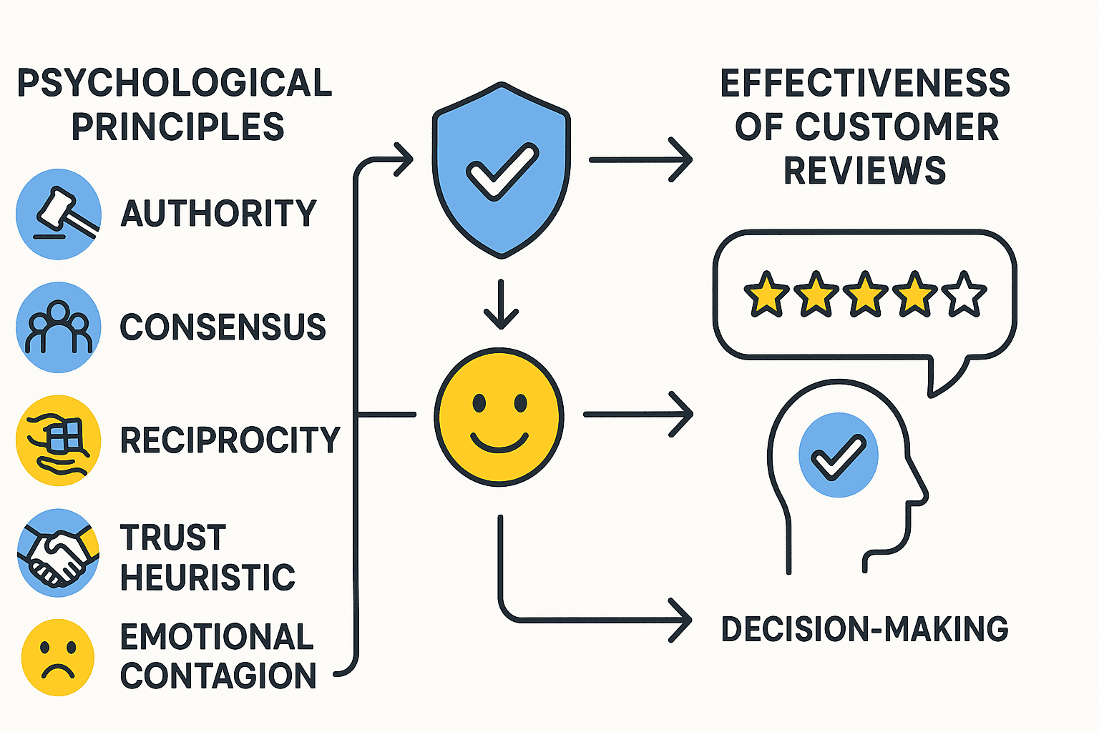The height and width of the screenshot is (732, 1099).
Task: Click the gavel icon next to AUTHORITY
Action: pyautogui.click(x=59, y=214)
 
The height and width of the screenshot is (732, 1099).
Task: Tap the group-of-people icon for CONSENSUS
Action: pyautogui.click(x=59, y=327)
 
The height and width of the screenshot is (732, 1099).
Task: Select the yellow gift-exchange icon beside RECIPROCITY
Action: pyautogui.click(x=59, y=440)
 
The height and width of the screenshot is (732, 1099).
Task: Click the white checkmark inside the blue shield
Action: pyautogui.click(x=502, y=170)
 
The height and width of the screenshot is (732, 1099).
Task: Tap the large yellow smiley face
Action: pyautogui.click(x=499, y=417)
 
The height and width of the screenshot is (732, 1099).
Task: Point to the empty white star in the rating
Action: pyautogui.click(x=964, y=294)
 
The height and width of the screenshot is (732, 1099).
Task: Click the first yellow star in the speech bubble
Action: pyautogui.click(x=766, y=294)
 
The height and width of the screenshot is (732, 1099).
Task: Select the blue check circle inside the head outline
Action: pyautogui.click(x=838, y=455)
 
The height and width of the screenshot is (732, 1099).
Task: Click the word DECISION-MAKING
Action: pyautogui.click(x=864, y=629)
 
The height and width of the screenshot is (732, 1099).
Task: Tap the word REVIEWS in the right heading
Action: pyautogui.click(x=864, y=170)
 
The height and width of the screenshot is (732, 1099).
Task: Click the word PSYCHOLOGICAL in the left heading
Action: pyautogui.click(x=175, y=83)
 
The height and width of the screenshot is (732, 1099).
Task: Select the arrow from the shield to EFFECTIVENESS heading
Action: pyautogui.click(x=640, y=160)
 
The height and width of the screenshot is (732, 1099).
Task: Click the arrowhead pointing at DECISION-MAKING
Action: pyautogui.click(x=680, y=620)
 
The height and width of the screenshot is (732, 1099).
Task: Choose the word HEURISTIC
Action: pyautogui.click(x=207, y=578)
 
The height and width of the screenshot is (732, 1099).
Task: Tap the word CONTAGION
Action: pyautogui.click(x=218, y=676)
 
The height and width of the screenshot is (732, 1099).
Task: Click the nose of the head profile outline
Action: pyautogui.click(x=923, y=493)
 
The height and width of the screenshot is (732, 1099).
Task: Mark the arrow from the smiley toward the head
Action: pyautogui.click(x=638, y=414)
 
